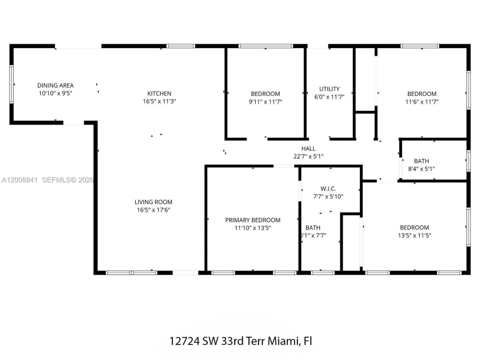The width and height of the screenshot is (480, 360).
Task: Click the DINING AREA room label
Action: click(55, 85)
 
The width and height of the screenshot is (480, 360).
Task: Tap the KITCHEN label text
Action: click(159, 93)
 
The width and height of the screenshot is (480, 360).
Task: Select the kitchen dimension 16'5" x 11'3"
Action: click(159, 101)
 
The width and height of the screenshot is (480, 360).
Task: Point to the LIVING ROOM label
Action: click(153, 202)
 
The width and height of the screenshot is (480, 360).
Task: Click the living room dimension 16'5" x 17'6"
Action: click(153, 210)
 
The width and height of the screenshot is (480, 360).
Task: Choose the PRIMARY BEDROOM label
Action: click(252, 220)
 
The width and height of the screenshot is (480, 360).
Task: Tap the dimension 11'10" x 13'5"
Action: click(252, 228)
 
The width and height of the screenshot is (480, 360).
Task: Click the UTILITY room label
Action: click(329, 89)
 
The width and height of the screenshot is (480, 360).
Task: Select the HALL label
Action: click(308, 149)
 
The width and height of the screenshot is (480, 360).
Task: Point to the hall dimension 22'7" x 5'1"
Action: click(308, 157)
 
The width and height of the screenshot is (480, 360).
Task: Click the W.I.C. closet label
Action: click(328, 189)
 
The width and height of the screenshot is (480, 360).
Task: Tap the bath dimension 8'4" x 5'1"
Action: click(421, 169)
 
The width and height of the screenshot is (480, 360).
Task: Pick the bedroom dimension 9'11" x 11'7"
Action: click(265, 102)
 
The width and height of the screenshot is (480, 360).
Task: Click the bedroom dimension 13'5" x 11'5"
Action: click(414, 235)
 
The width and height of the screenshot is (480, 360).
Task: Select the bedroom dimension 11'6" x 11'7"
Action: click(422, 102)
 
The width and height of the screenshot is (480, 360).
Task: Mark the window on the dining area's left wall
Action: click(12, 84)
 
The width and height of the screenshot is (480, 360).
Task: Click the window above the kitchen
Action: click(181, 46)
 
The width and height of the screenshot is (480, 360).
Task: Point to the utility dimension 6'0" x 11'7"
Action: click(329, 97)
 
